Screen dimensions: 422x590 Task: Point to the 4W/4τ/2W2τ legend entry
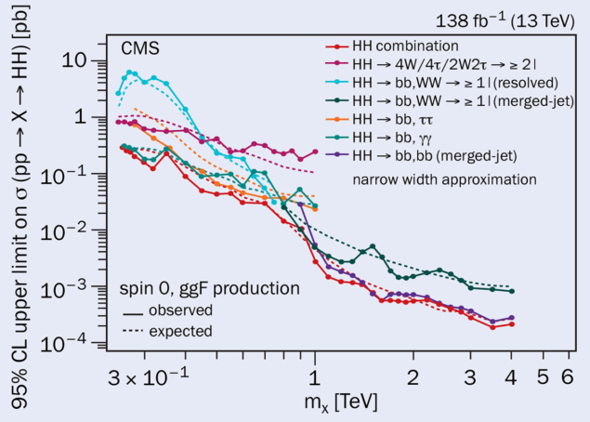tap(441, 65)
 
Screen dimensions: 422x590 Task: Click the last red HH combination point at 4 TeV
tap(512, 323)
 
